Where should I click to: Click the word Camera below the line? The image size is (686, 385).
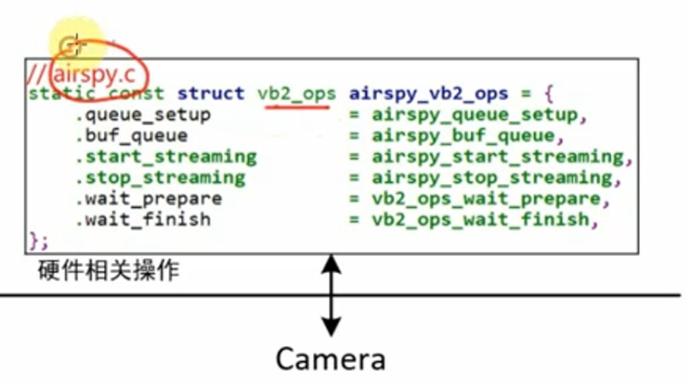click(330, 359)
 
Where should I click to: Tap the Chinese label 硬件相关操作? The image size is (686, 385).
click(109, 270)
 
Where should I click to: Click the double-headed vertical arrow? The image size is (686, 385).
click(332, 295)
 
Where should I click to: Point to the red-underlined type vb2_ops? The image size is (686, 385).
click(297, 94)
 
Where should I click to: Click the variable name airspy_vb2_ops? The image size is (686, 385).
click(429, 94)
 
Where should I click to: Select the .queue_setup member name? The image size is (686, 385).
click(143, 115)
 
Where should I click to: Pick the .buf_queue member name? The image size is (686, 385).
click(132, 136)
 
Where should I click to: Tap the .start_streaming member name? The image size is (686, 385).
click(166, 157)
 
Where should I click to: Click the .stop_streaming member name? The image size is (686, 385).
click(160, 178)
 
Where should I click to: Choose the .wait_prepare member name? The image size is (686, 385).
click(149, 199)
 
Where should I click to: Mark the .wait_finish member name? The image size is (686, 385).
click(143, 219)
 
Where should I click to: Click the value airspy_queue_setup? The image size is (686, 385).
click(475, 115)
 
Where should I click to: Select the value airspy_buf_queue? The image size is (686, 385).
click(464, 136)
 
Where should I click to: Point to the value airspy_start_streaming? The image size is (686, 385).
click(498, 157)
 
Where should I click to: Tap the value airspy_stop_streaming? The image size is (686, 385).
click(492, 178)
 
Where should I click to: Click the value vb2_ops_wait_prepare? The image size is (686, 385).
click(486, 199)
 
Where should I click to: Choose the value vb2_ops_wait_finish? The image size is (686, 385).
click(481, 219)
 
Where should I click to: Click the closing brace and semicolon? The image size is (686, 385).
click(38, 240)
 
